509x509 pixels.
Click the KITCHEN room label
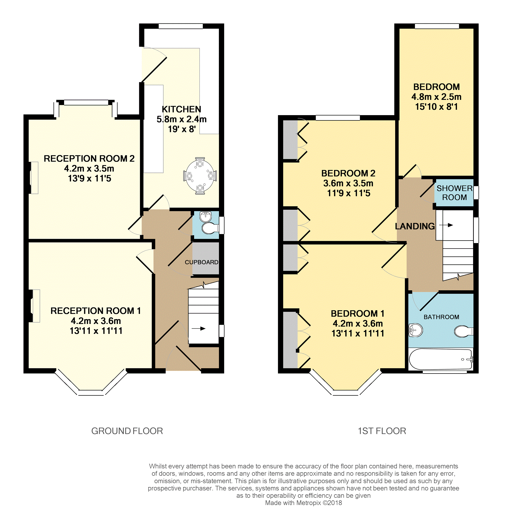(181, 109)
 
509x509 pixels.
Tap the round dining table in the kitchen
(200, 176)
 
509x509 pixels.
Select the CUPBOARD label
(202, 262)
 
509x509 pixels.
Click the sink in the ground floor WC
(206, 217)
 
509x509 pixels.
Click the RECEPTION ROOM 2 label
(89, 158)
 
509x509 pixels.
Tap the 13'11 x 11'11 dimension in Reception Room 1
(96, 331)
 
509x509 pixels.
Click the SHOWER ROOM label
(454, 193)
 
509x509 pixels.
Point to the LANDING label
(415, 226)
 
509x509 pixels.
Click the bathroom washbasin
(415, 330)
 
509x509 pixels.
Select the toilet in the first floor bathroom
(464, 331)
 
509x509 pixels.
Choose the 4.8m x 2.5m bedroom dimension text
(436, 97)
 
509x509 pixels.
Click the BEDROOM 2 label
(348, 173)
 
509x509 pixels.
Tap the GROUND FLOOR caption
(127, 431)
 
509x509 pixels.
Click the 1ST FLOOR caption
(382, 431)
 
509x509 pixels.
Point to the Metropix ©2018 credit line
(303, 503)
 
